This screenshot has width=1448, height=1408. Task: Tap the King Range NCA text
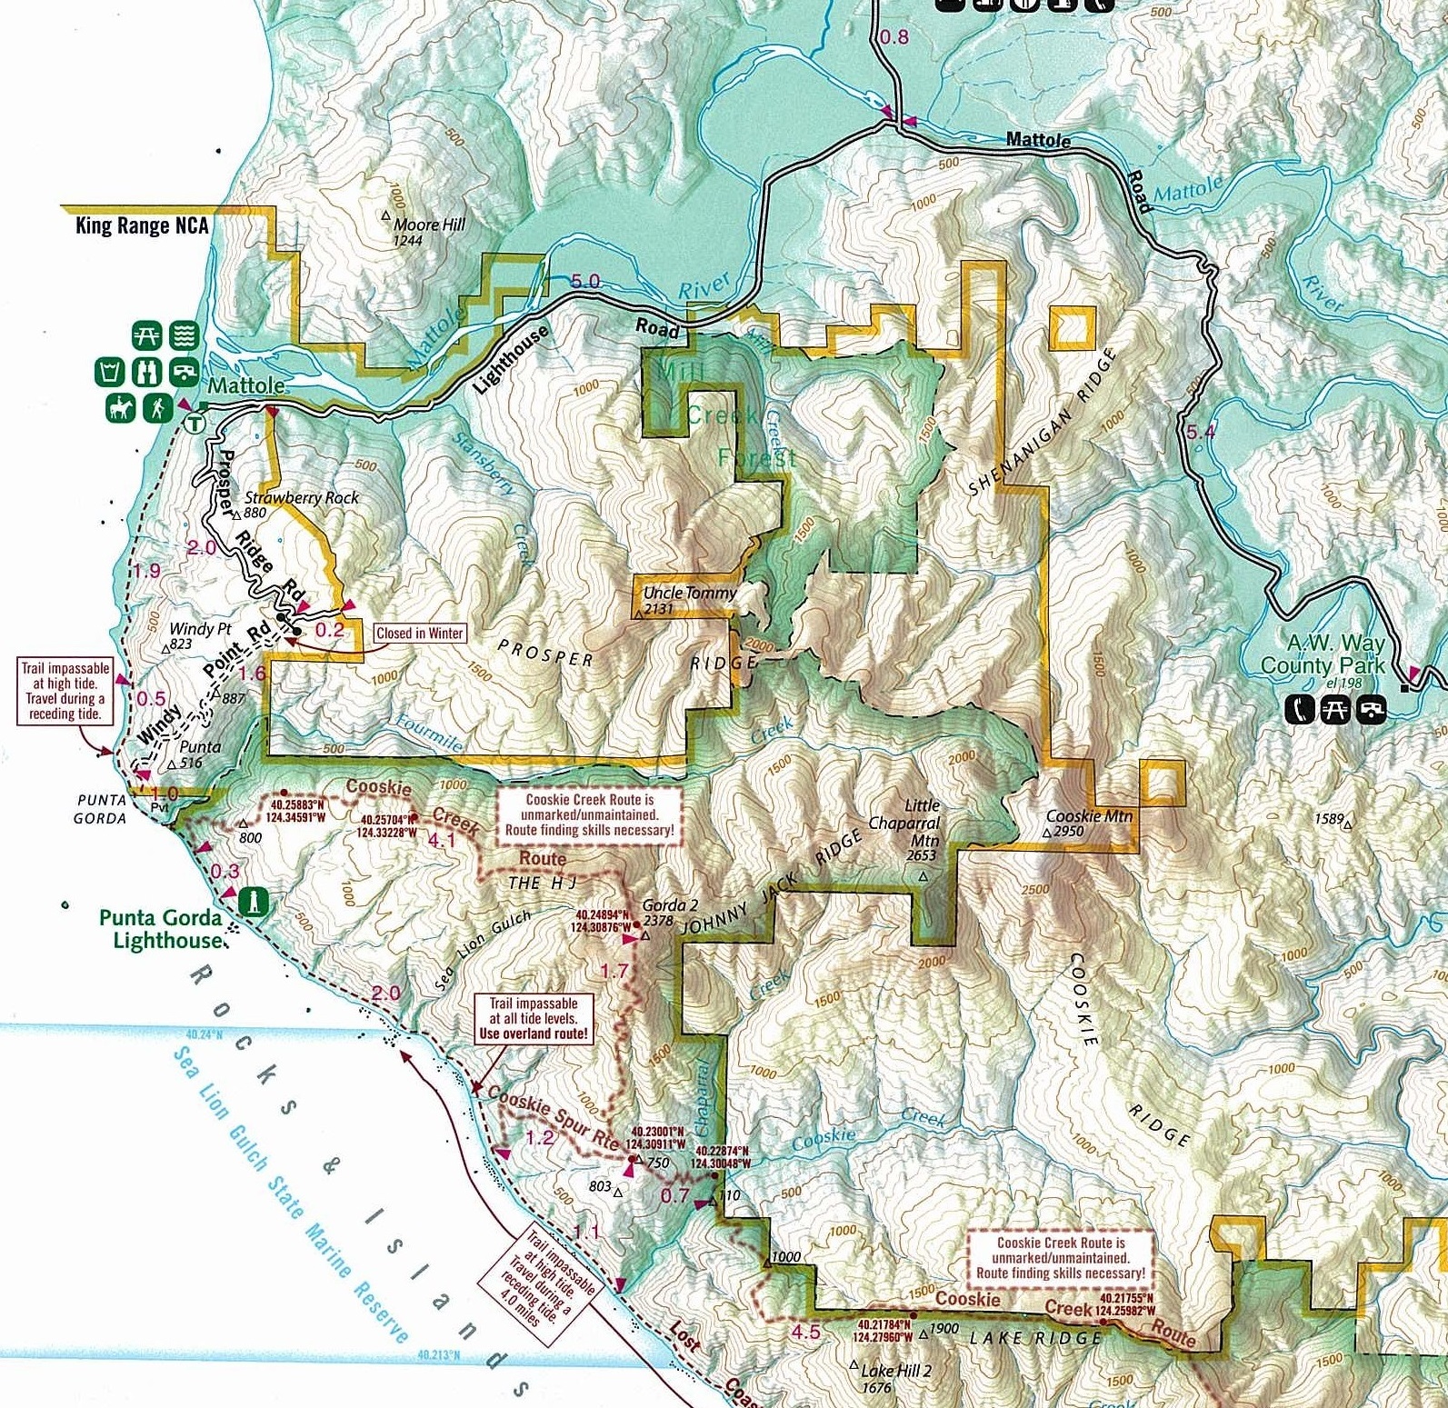[x=142, y=225]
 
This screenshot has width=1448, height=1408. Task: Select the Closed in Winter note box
[x=419, y=634]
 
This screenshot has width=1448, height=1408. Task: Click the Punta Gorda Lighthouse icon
[x=255, y=903]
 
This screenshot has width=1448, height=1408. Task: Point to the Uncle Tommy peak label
[x=689, y=594]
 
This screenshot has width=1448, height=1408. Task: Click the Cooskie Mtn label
[x=1089, y=816]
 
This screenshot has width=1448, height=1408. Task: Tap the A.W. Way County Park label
[x=1323, y=654]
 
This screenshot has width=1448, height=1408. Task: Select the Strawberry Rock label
[x=301, y=498]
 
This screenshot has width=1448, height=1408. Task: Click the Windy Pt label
[x=200, y=629]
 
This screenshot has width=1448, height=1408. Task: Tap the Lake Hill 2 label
[x=895, y=1371]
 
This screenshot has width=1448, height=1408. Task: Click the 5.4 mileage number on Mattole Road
[x=1200, y=432]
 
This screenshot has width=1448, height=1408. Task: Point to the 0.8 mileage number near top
[x=894, y=37]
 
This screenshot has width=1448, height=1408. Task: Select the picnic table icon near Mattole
[x=146, y=336]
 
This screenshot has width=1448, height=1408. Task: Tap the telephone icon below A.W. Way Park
[x=1301, y=710]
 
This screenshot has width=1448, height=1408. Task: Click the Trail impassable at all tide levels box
[x=533, y=1018]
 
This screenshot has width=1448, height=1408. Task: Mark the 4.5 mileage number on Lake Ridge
[x=805, y=1332]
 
